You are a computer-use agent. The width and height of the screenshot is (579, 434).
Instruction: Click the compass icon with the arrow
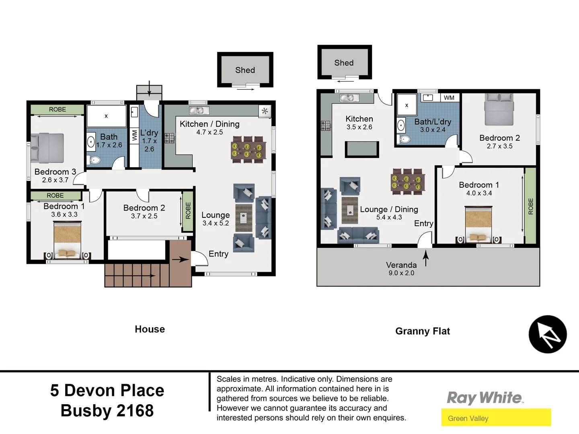[x=547, y=334]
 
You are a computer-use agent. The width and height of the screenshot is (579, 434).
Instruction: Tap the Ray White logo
[x=485, y=398]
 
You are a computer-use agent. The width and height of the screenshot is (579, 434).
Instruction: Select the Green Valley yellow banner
[x=496, y=418]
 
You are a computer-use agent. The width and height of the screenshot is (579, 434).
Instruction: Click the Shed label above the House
[x=245, y=70]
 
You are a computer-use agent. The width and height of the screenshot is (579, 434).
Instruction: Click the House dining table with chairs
[x=248, y=150]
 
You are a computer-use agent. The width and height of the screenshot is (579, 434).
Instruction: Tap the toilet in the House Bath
[x=94, y=160]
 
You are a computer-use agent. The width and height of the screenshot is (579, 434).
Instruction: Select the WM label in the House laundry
[x=134, y=135]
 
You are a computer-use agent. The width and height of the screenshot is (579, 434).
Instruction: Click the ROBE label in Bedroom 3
[x=57, y=109]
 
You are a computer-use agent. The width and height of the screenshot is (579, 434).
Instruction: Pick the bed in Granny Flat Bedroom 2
[x=499, y=110]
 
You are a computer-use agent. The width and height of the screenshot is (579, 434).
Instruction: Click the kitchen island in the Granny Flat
[x=362, y=149]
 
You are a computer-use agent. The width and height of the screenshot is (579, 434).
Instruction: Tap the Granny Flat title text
[x=422, y=331]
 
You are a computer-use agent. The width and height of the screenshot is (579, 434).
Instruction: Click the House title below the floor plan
[x=150, y=329]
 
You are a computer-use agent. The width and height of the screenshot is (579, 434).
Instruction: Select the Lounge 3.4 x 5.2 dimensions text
[x=216, y=223]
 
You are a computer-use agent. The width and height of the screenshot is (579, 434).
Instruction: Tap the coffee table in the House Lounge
[x=244, y=217]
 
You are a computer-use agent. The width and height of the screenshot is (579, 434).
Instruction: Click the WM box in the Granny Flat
[x=449, y=98]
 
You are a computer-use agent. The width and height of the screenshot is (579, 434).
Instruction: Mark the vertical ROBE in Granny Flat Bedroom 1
[x=530, y=206]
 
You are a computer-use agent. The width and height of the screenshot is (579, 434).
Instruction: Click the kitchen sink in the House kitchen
[x=199, y=111]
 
